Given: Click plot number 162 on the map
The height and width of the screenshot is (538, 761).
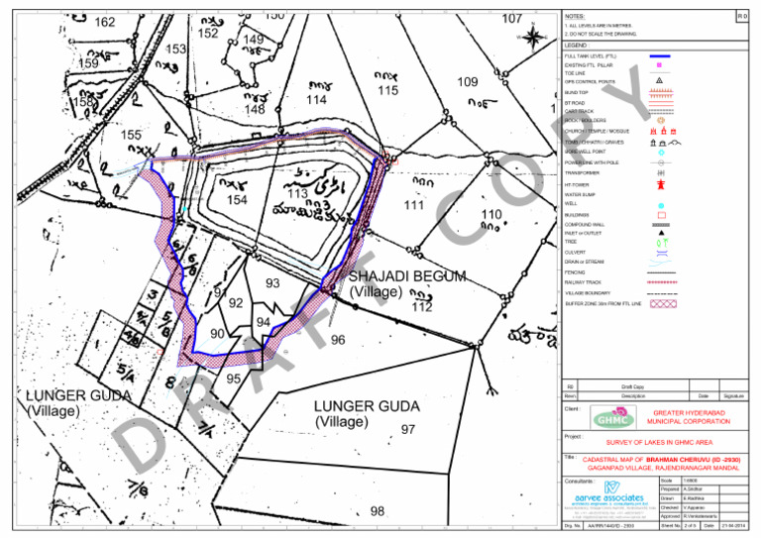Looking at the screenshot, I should (104, 22).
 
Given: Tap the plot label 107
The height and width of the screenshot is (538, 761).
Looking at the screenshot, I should (512, 19).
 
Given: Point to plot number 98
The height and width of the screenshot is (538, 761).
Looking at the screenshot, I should (377, 511).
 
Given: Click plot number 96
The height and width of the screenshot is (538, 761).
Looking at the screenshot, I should (338, 341).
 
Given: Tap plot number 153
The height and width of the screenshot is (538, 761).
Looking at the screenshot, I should (176, 49).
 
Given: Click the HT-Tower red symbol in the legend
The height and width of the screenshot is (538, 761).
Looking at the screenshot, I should (660, 184).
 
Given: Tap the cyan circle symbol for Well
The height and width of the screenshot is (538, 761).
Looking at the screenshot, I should (660, 204).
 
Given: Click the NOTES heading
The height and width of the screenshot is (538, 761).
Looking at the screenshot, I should (574, 18).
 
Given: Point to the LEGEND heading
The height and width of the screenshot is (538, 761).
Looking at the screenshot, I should (576, 46).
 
